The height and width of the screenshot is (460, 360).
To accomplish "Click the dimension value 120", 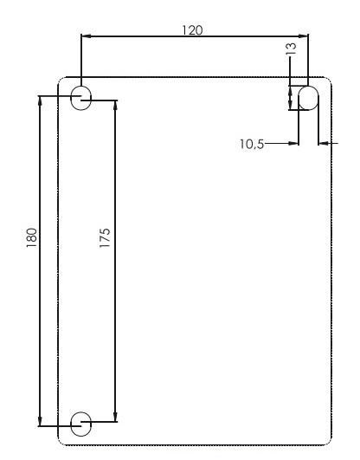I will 191,29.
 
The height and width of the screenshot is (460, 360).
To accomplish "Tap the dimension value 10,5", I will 253,143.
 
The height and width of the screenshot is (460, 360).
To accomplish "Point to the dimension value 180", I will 31,237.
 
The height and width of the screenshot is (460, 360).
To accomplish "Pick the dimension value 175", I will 105,239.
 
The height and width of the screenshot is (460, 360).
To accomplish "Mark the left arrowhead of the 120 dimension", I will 85,36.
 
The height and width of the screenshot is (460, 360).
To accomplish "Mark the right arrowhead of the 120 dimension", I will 304,36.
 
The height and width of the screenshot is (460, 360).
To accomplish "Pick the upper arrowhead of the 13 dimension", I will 291,87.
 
